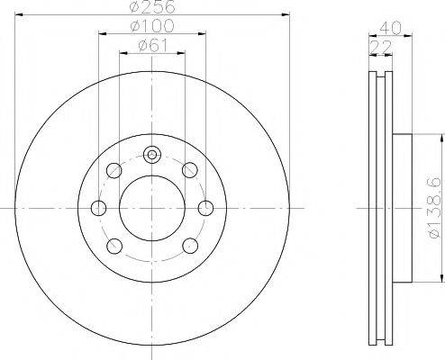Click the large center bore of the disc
coord(152,208)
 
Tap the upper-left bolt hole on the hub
coord(114,170)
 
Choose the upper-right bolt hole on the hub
coord(190,170)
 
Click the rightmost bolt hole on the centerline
coord(206,208)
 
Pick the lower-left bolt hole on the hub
coord(114,246)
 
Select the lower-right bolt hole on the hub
coord(190,246)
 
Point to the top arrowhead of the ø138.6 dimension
coord(440,139)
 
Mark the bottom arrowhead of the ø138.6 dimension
coord(440,278)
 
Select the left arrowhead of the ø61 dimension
coord(123,53)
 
